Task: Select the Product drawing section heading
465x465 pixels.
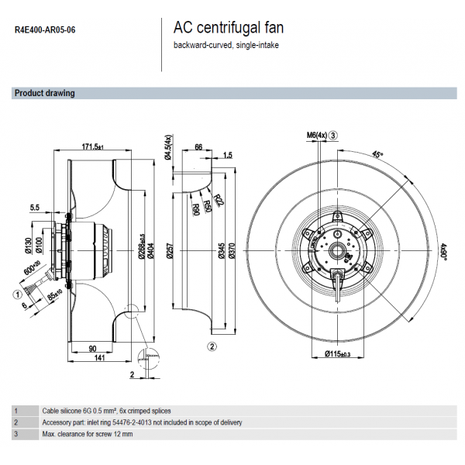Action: tap(45, 93)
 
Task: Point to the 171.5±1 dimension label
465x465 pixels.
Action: tap(97, 146)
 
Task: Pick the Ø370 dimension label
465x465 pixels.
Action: tap(232, 250)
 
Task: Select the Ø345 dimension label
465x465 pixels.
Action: tap(221, 250)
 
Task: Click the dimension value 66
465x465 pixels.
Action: tap(198, 146)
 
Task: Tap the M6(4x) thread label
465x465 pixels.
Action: tap(317, 136)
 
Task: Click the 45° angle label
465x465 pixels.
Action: tap(377, 154)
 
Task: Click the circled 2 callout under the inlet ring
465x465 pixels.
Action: tap(212, 346)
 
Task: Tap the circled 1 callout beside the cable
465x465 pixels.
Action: tap(16, 294)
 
